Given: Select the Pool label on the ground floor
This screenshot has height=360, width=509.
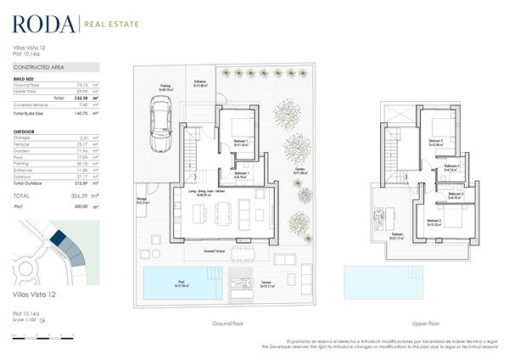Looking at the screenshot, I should click(x=181, y=284).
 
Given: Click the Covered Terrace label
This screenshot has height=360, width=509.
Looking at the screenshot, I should click(x=215, y=251).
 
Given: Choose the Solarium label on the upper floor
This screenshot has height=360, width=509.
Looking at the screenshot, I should click(x=397, y=236).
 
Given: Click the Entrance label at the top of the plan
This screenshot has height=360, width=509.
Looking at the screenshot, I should click(x=201, y=82).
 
